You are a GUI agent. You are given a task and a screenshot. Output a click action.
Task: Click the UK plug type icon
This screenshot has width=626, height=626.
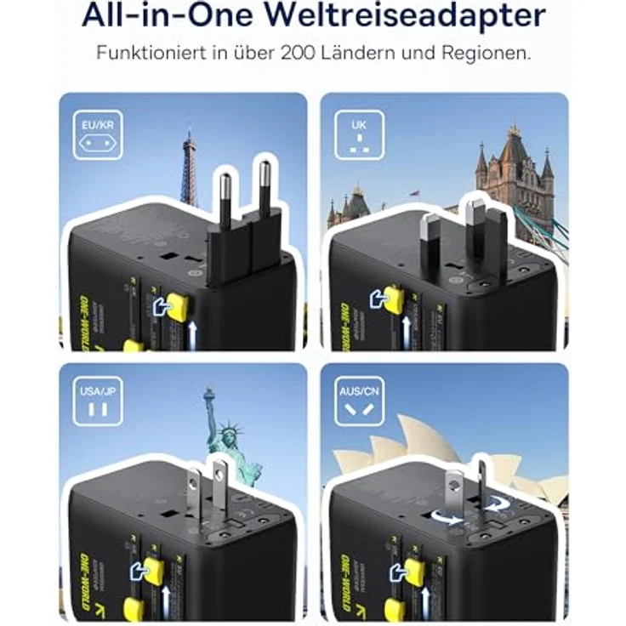pos(358,135)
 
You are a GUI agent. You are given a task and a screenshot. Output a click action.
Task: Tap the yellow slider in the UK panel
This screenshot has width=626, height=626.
pos(393,298)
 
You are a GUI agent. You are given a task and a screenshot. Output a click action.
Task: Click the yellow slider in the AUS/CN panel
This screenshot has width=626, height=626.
pos(414,571)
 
